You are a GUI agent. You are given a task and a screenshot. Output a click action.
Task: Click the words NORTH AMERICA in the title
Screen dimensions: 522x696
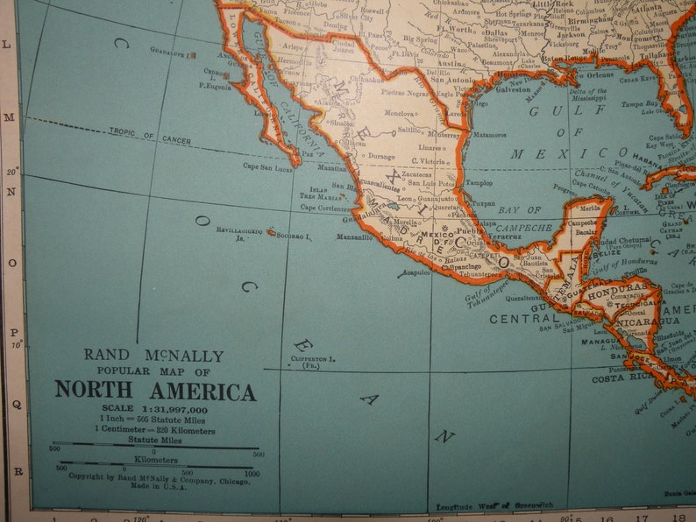coord(155,390)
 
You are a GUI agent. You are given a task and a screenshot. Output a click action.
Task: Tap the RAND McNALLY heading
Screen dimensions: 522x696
coord(153,356)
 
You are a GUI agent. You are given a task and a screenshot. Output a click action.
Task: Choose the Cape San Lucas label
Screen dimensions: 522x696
coord(266,166)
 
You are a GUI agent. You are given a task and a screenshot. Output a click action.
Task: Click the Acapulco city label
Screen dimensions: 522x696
coord(415,272)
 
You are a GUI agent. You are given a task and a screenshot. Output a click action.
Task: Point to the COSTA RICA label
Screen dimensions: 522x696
coord(619,378)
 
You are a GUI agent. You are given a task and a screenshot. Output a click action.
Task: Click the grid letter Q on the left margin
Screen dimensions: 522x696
coord(12,405)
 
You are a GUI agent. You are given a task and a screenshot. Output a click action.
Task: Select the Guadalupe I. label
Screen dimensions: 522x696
coord(173,53)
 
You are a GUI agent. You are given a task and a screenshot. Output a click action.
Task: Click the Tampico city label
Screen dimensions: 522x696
coord(479,183)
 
